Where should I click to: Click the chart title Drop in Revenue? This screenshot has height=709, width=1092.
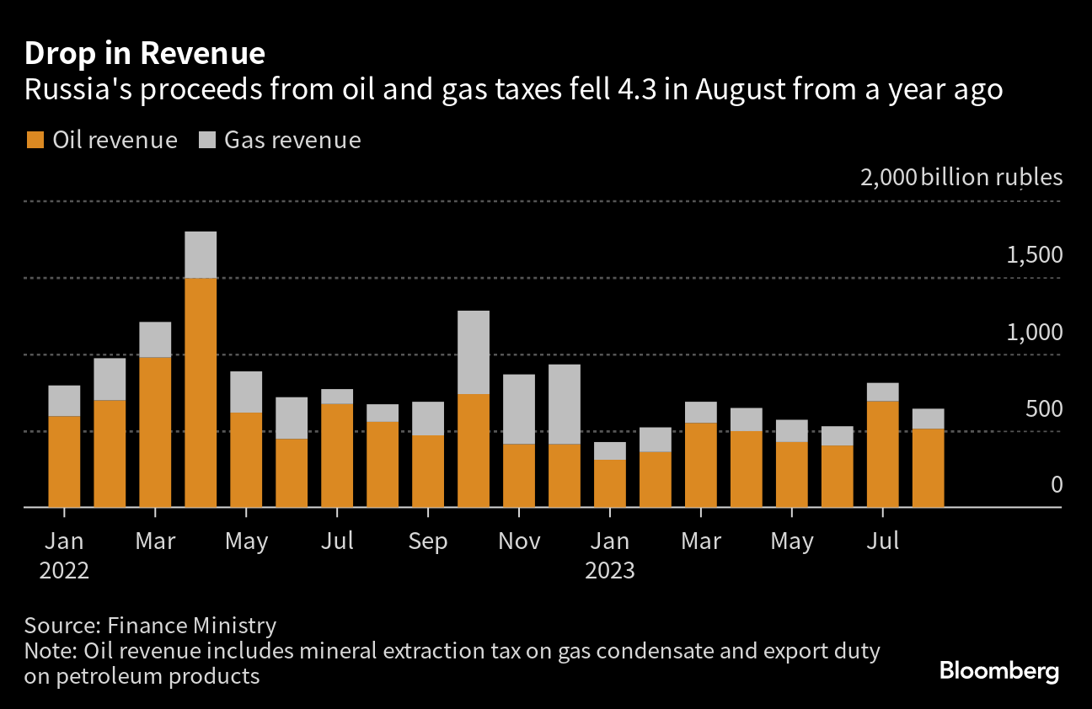(x=145, y=53)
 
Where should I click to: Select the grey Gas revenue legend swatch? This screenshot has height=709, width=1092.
(x=206, y=140)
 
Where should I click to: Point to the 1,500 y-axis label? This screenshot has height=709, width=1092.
(x=1034, y=255)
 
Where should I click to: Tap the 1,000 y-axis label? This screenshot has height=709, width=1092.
(x=1034, y=332)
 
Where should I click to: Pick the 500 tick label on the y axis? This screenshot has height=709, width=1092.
(x=1044, y=408)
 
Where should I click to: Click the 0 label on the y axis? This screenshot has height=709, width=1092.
(x=1057, y=485)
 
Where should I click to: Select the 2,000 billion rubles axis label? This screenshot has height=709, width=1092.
(x=961, y=178)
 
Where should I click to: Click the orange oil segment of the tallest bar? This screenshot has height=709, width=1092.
(x=201, y=392)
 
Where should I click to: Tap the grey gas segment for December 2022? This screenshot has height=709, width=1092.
(x=565, y=404)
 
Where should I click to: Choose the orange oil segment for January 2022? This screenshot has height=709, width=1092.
(x=64, y=461)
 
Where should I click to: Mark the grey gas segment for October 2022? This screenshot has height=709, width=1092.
(x=474, y=352)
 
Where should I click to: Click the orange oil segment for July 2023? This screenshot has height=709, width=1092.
(x=882, y=454)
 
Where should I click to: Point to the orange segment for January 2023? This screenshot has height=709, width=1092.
(x=610, y=483)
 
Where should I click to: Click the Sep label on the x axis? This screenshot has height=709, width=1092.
(x=427, y=541)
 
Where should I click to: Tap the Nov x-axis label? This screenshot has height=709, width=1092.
(x=519, y=541)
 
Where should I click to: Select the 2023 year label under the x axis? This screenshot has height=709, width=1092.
(x=610, y=570)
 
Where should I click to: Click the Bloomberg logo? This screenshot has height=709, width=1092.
(x=998, y=671)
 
